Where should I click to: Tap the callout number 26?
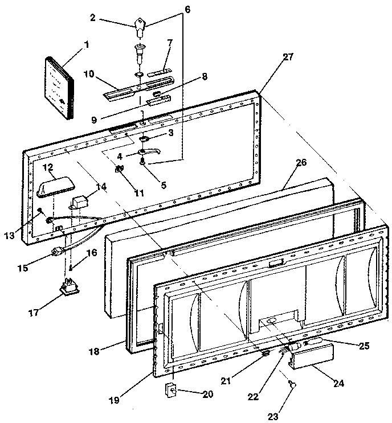(x=301, y=162)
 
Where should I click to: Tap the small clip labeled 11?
(x=120, y=169)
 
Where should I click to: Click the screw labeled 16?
(x=71, y=266)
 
